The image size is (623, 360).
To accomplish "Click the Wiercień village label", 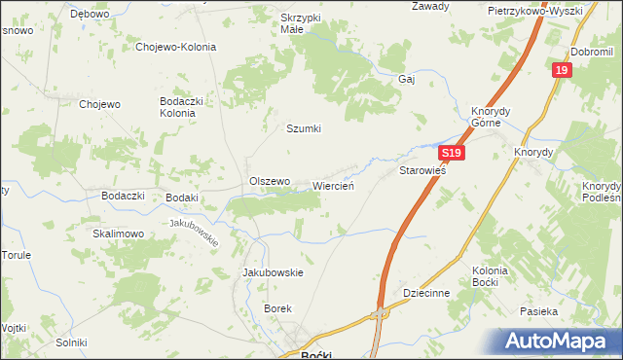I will (x=339, y=185).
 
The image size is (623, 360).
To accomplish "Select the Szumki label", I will (x=303, y=128).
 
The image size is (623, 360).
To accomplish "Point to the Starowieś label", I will (x=422, y=170).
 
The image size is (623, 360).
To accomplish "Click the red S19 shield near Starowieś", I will (x=449, y=154).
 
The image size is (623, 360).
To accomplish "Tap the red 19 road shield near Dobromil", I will (x=561, y=71).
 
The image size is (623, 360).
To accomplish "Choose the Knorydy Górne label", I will (x=486, y=117).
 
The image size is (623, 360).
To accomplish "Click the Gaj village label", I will (x=407, y=80).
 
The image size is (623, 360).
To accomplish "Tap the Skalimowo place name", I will (x=119, y=234).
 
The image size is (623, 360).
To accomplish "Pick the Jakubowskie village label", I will (x=273, y=272).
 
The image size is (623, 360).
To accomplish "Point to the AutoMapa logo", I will (x=562, y=341).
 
